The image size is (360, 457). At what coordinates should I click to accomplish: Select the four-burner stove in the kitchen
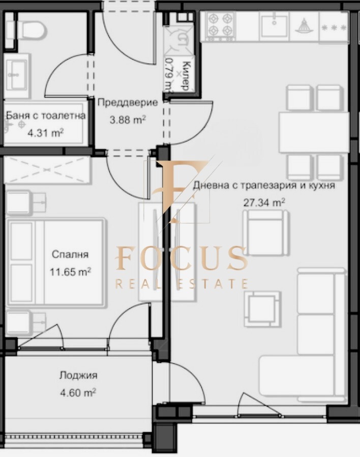tap(221, 24)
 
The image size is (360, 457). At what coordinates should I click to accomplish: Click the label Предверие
tap(127, 102)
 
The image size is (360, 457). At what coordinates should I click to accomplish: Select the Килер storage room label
tap(185, 75)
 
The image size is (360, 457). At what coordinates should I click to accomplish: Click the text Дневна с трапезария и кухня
tap(264, 186)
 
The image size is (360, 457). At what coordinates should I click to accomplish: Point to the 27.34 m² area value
tap(264, 202)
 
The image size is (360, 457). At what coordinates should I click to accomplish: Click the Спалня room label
tap(71, 255)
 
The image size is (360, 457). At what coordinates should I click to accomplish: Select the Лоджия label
tap(78, 376)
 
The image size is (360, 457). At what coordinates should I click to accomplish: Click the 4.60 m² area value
tap(78, 393)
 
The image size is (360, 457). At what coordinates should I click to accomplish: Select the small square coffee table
tap(262, 309)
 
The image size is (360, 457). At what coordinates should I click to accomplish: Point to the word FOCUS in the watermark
tap(182, 259)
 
